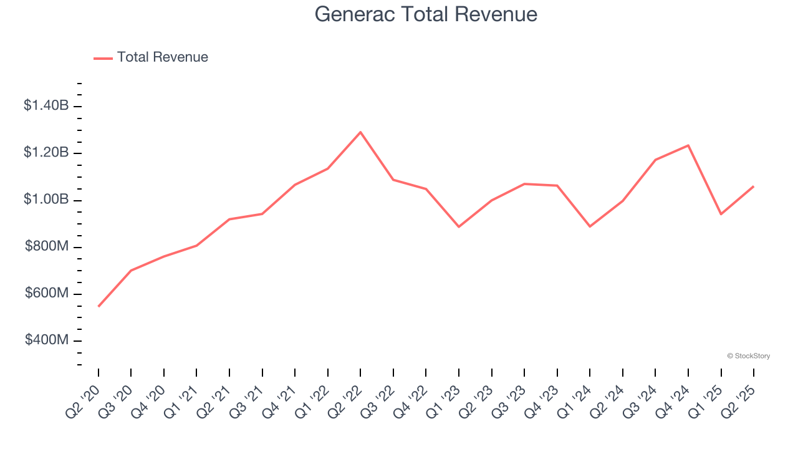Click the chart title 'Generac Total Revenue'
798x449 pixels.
click(x=426, y=14)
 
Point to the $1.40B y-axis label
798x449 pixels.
click(x=46, y=106)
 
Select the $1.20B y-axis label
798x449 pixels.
click(x=46, y=153)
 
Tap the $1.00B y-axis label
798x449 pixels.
click(x=46, y=200)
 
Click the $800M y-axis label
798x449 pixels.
click(x=47, y=247)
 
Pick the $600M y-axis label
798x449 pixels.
click(x=47, y=294)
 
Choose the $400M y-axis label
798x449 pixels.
click(x=47, y=340)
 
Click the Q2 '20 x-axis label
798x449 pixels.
click(x=84, y=400)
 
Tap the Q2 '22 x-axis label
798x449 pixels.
click(x=345, y=400)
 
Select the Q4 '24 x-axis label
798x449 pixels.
click(x=673, y=400)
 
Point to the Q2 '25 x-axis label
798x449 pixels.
click(x=739, y=400)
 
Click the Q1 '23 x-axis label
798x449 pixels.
click(x=444, y=400)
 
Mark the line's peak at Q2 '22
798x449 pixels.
click(x=360, y=132)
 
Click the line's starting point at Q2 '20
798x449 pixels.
click(x=99, y=306)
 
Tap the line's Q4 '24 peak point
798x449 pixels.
click(x=688, y=145)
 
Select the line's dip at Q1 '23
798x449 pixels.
click(x=459, y=226)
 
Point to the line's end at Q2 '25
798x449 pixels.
click(x=754, y=186)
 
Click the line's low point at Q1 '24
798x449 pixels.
click(x=590, y=226)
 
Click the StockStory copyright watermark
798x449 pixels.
click(x=748, y=356)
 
